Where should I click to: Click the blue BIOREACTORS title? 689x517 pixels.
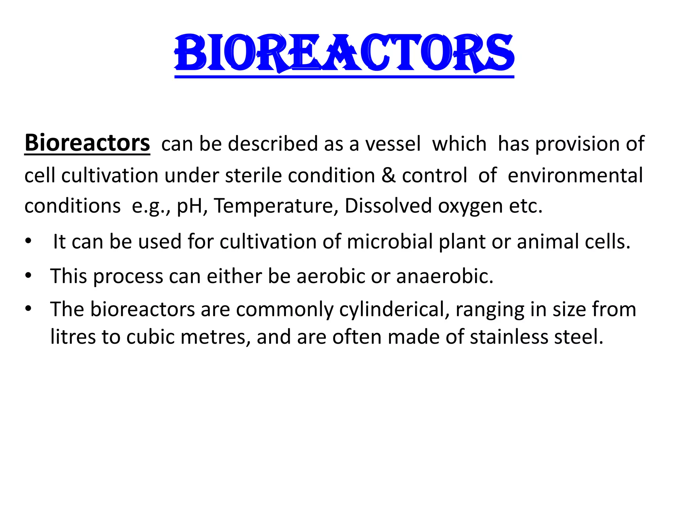coord(344,54)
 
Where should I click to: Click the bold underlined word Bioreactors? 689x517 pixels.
coord(87,143)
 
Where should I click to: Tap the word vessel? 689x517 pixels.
coord(393,144)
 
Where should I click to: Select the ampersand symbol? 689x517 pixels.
coord(389,176)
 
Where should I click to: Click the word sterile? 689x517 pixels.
coord(253,176)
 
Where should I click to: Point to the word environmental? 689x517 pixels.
coord(575,176)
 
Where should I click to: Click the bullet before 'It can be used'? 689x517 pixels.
coord(28,241)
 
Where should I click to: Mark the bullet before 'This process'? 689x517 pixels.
coord(28,276)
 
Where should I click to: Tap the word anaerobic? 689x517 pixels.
coord(444,276)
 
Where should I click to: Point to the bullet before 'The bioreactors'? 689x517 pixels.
coord(28,308)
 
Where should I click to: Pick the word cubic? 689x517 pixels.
coord(150,337)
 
